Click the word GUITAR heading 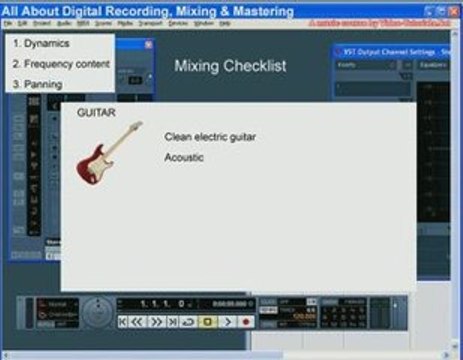[x=96, y=113]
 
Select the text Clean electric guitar [x=210, y=136]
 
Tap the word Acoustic [x=184, y=157]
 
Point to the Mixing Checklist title [x=230, y=66]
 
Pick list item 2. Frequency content [x=61, y=64]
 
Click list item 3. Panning [x=37, y=84]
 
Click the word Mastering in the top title [x=259, y=11]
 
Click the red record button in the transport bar [x=245, y=322]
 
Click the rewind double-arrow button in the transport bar [x=137, y=322]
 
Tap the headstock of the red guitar [x=138, y=126]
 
